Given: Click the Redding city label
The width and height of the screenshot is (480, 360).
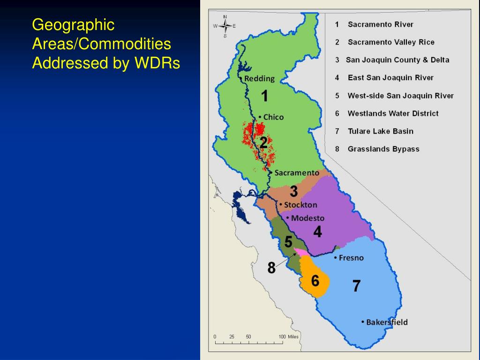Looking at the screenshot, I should (x=259, y=79).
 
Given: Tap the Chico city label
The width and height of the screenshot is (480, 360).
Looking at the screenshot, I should (x=273, y=117).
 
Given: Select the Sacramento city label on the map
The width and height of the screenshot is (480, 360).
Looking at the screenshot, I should (x=296, y=172).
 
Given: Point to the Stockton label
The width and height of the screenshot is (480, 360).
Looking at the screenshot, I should (x=300, y=205).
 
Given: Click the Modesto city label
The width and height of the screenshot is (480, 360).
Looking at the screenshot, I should (x=307, y=218).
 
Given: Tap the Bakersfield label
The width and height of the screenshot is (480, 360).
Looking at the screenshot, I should (x=387, y=322).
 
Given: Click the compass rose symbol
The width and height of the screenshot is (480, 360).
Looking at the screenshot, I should (x=225, y=26).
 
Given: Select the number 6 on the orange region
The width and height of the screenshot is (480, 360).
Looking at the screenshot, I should (x=315, y=281).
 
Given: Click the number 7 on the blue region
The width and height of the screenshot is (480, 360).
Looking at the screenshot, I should (x=356, y=286).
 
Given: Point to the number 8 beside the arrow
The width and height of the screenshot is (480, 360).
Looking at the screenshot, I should (x=271, y=268).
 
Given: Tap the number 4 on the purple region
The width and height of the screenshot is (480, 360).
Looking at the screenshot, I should (x=317, y=232).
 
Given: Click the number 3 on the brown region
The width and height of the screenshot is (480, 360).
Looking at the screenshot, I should (x=293, y=191).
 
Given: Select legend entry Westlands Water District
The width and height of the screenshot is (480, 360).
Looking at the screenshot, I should (x=393, y=113).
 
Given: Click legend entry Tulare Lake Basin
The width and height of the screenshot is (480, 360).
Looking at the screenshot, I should (x=380, y=131).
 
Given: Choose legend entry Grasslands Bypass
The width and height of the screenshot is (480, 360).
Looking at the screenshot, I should (x=383, y=149).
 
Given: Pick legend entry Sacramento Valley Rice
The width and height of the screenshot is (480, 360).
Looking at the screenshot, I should (x=391, y=42).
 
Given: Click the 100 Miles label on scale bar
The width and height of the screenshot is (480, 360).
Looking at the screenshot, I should (x=288, y=337).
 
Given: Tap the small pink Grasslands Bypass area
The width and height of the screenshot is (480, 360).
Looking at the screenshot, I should (x=302, y=252).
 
